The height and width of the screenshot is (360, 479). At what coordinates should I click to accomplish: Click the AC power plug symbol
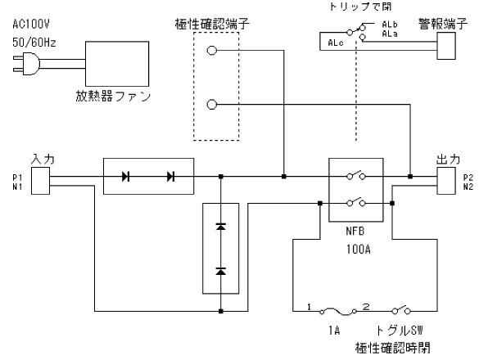(27, 64)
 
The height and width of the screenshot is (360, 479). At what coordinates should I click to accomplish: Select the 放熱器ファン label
(113, 97)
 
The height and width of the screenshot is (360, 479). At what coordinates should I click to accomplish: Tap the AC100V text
(31, 24)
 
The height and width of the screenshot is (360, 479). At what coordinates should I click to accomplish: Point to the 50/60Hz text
(34, 43)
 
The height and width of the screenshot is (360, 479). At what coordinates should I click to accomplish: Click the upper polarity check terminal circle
(212, 51)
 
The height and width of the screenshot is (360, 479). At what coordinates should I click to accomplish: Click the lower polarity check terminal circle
(212, 105)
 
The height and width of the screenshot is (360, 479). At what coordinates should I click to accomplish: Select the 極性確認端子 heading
(212, 24)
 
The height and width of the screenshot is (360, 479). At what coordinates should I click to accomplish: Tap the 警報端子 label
(443, 24)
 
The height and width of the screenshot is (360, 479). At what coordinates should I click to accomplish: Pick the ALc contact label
(336, 43)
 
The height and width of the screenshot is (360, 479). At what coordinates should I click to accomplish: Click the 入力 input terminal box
(40, 181)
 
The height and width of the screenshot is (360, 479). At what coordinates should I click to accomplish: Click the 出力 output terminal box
(446, 181)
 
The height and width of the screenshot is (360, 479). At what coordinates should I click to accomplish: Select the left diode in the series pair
(125, 177)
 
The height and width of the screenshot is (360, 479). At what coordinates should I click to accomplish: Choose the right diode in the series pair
(171, 177)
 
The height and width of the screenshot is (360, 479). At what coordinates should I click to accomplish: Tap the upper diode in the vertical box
(221, 227)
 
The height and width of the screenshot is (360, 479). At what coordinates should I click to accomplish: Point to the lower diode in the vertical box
(221, 271)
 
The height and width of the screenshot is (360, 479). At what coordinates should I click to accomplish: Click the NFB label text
(355, 231)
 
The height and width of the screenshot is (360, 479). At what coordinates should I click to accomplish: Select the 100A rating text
(359, 250)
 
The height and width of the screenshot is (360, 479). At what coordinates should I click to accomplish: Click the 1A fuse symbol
(338, 311)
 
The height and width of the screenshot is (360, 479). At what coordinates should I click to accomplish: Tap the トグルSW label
(399, 331)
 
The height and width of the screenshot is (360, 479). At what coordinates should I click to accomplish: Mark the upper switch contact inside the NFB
(356, 175)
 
